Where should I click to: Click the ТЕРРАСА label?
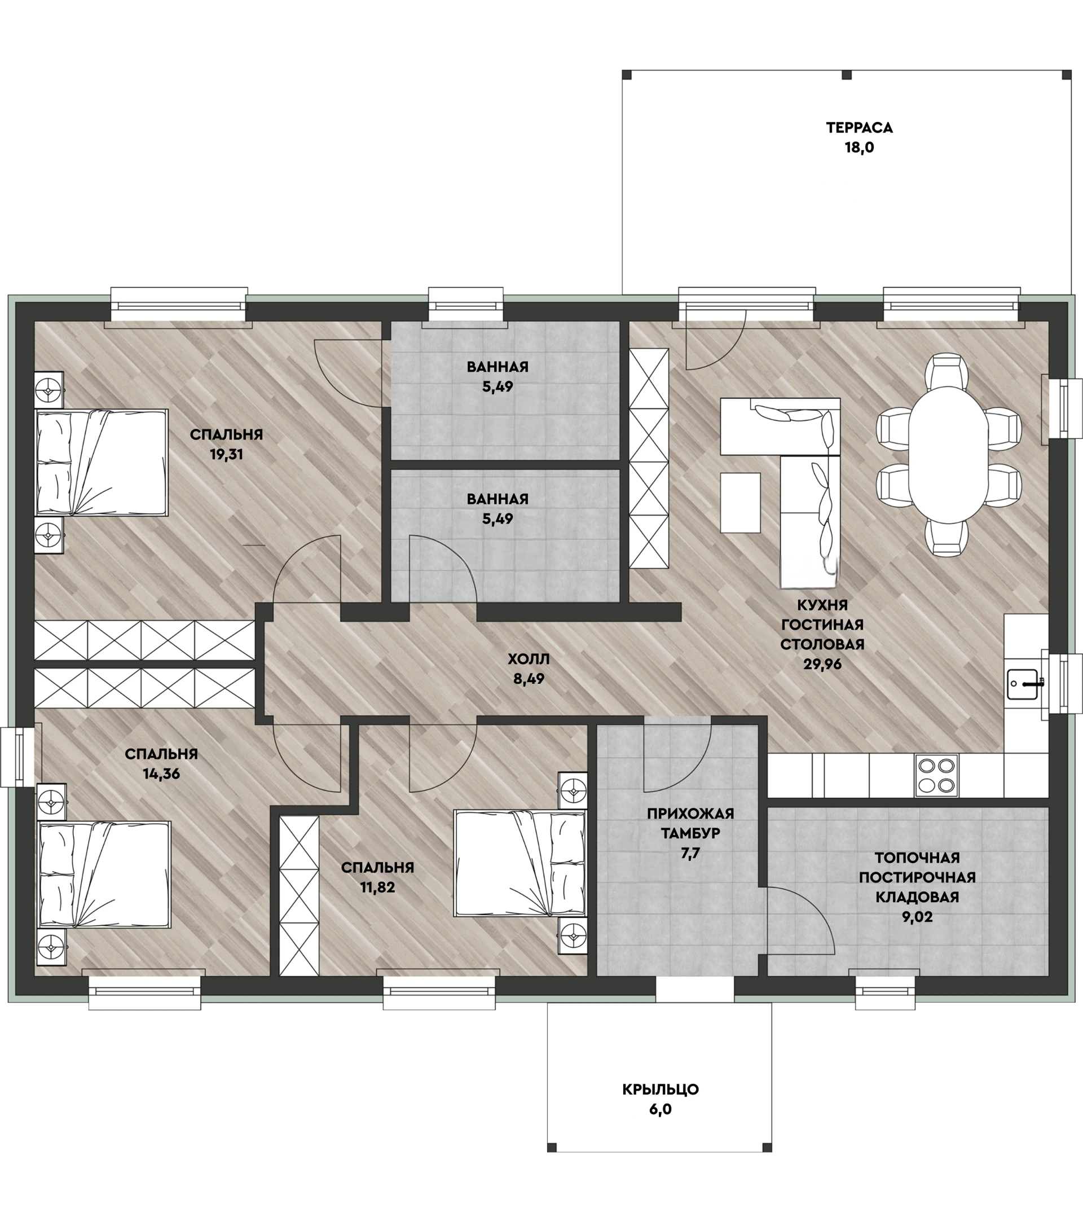click(x=859, y=128)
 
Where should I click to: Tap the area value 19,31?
click(x=227, y=454)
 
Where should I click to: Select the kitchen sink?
click(x=1025, y=684)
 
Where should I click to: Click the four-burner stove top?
click(x=936, y=775)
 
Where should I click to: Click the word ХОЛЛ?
click(x=529, y=660)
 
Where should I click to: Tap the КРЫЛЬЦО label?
click(x=660, y=1089)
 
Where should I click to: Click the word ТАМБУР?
click(x=690, y=833)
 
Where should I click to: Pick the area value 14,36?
click(x=161, y=773)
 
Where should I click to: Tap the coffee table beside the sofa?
click(x=740, y=503)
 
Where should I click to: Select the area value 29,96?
click(x=822, y=664)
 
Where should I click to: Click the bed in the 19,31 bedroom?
click(x=102, y=462)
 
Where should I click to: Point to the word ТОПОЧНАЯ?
click(x=917, y=858)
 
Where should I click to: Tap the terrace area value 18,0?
click(x=859, y=147)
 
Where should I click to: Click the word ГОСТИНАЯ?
click(x=822, y=625)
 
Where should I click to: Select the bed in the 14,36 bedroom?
click(x=104, y=874)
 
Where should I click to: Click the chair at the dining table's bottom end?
click(x=946, y=538)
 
